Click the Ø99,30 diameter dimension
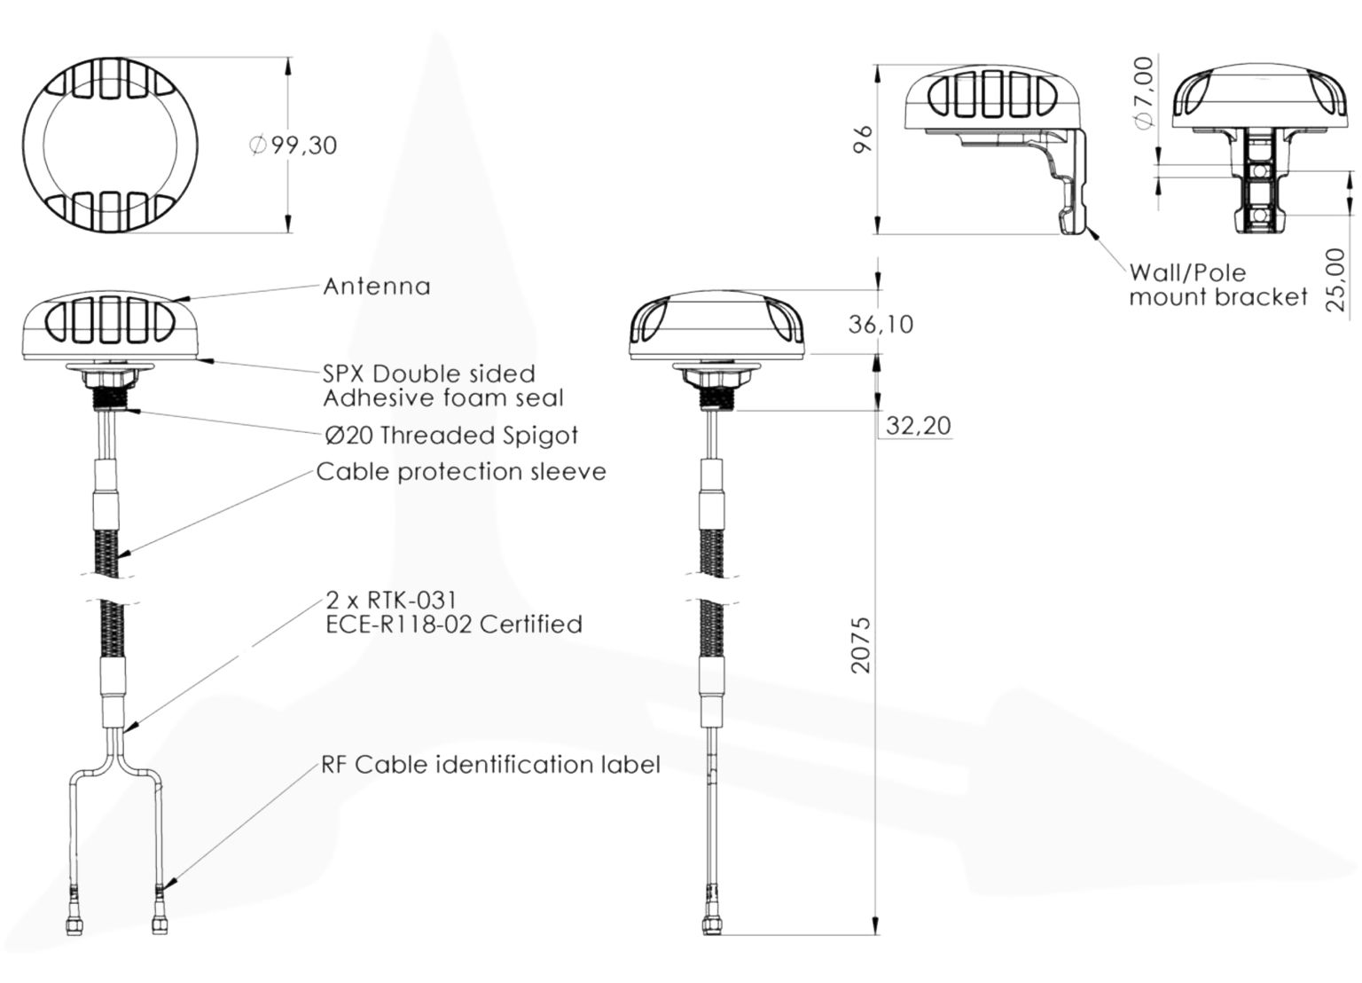pyautogui.click(x=294, y=145)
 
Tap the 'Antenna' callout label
pyautogui.click(x=377, y=287)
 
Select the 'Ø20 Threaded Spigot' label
pyautogui.click(x=451, y=436)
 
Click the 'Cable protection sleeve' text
pyautogui.click(x=461, y=472)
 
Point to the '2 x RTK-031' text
pyautogui.click(x=391, y=602)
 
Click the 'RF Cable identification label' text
pyautogui.click(x=490, y=765)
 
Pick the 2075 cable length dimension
pyautogui.click(x=861, y=645)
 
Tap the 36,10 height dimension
pyautogui.click(x=881, y=325)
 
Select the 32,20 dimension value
pyautogui.click(x=919, y=426)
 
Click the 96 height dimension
pyautogui.click(x=863, y=139)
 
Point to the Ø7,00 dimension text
pyautogui.click(x=1145, y=92)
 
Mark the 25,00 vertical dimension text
pyautogui.click(x=1335, y=279)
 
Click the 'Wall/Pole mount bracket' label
pyautogui.click(x=1218, y=285)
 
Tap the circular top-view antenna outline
pyautogui.click(x=110, y=145)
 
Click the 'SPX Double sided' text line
pyautogui.click(x=429, y=374)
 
